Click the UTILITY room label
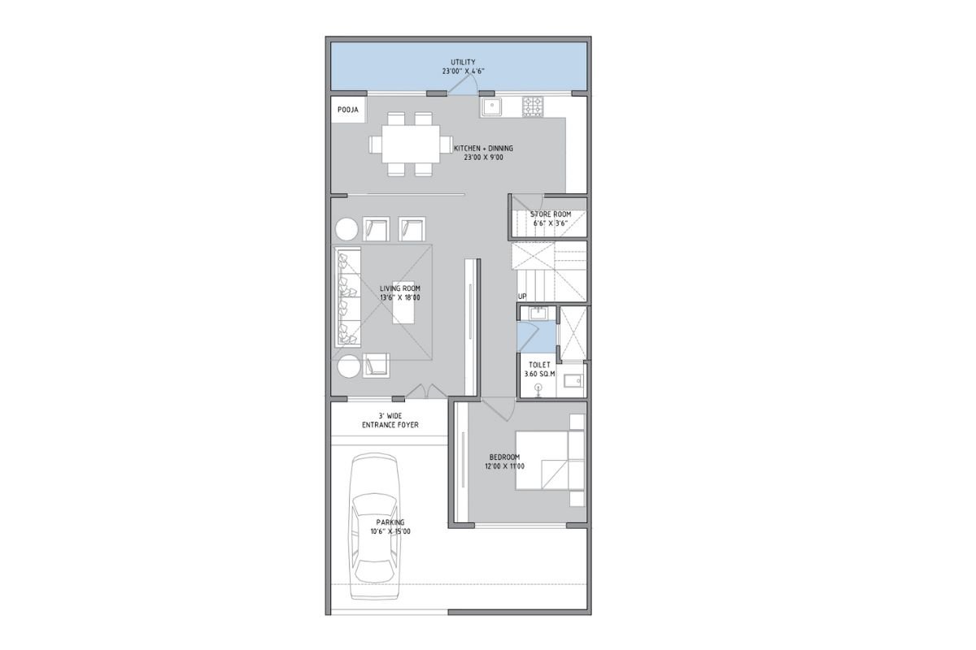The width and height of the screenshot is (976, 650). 463,63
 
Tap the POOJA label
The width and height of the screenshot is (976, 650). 348,110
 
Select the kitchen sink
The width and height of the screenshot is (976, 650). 491,106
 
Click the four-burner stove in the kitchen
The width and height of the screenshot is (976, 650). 533,106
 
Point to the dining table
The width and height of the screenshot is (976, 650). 411,144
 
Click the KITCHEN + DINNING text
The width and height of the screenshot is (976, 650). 483,149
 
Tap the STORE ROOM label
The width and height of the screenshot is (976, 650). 551,214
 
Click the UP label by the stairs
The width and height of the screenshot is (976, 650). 522,297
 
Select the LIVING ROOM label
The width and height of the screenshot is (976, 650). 400,288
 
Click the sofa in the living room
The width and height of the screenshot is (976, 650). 348,297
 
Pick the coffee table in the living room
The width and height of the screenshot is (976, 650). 403,302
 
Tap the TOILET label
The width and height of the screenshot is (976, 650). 539,365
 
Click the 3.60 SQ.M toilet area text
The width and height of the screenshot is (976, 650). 539,374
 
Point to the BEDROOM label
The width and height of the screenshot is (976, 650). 504,457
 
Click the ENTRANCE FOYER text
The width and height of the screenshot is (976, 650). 390,425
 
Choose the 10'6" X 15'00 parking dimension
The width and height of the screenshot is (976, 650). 390,531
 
